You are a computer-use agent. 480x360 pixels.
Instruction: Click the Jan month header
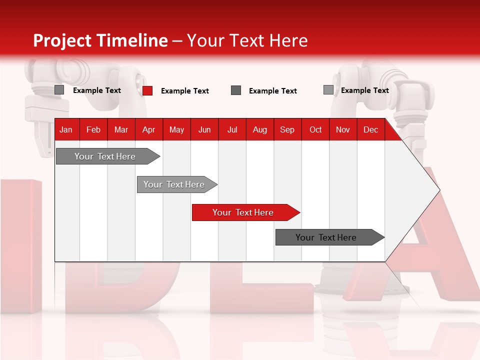[x=66, y=129]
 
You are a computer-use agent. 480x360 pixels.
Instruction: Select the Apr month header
[x=148, y=129]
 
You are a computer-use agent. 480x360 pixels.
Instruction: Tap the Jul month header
[x=232, y=129]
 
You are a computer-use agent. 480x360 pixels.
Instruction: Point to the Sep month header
[x=287, y=129]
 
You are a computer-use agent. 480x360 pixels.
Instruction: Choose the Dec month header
[x=370, y=129]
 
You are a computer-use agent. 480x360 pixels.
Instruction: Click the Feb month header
[x=93, y=129]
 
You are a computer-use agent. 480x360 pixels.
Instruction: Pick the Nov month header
[x=342, y=129]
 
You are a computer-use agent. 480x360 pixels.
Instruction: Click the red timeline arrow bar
[x=243, y=212]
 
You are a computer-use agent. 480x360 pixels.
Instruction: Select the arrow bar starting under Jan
[x=105, y=156]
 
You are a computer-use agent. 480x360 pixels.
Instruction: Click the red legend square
[x=147, y=90]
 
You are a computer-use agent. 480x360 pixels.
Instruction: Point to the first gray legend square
[x=59, y=90]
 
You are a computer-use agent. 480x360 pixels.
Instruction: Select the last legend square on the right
[x=328, y=90]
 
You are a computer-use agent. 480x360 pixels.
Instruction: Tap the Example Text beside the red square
[x=184, y=91]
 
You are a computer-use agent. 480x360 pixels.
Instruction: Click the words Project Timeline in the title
[x=100, y=40]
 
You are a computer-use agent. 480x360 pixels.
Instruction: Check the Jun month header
[x=204, y=129]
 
